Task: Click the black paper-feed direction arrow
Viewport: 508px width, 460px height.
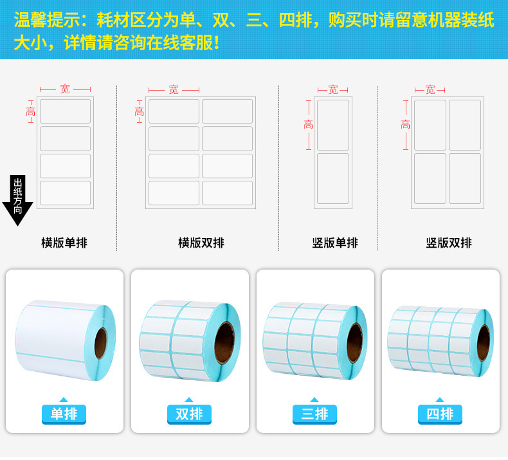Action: coord(18,200)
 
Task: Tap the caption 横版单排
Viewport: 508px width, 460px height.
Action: coord(64,243)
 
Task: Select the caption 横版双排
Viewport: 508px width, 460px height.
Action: coord(201,243)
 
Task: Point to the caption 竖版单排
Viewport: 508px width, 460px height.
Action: coord(335,243)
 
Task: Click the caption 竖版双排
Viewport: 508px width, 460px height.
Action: coord(449,243)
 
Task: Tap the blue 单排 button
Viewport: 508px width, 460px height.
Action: coord(64,414)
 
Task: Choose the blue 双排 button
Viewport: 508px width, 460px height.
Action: coord(189,414)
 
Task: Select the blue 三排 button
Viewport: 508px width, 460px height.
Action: coord(314,414)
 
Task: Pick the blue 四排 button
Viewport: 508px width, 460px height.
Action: coord(440,414)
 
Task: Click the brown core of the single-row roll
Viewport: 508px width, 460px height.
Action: coord(100,344)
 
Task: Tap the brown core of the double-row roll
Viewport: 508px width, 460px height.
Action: coord(224,343)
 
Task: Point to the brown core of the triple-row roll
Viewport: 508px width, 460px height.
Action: coord(354,343)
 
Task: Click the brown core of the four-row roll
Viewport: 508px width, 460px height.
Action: coord(484,344)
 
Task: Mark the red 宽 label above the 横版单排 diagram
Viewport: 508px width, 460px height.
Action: coord(65,89)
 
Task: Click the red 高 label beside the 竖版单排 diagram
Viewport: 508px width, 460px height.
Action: coord(309,124)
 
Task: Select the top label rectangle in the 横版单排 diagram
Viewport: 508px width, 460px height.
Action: coord(65,111)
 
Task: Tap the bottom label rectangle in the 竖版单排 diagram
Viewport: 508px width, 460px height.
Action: coord(333,179)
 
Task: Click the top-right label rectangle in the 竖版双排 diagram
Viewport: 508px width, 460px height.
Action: coord(465,125)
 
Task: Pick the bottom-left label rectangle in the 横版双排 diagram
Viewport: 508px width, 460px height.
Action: coord(174,193)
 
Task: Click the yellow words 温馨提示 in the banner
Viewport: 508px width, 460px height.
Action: coord(47,20)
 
